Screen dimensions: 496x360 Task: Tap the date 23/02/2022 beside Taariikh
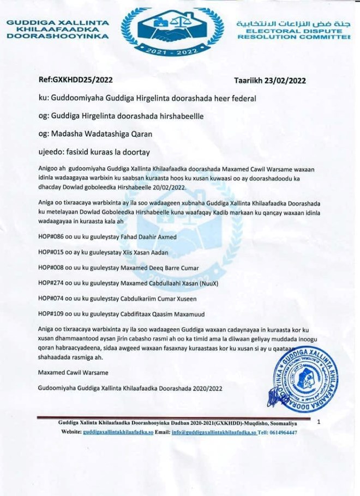[x=285, y=80]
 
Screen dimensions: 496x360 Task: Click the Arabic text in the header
[x=293, y=24]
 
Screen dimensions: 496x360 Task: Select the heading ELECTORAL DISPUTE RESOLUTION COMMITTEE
[x=295, y=34]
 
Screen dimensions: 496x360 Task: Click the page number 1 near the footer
[x=319, y=421]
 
